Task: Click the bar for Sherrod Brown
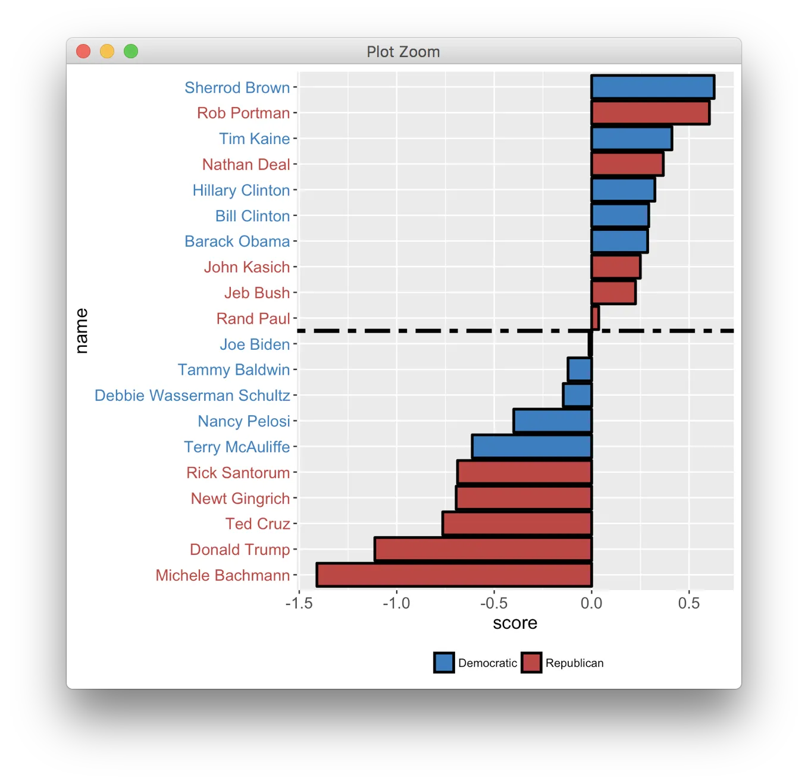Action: [x=653, y=87]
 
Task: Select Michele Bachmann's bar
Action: [x=454, y=575]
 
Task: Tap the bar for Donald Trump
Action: [x=483, y=549]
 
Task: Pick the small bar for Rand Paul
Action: [x=595, y=318]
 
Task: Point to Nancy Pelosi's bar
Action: [x=553, y=421]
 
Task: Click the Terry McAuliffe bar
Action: [x=532, y=447]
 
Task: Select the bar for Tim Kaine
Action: [x=631, y=139]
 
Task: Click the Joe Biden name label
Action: [x=255, y=344]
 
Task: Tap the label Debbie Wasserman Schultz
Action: [x=192, y=396]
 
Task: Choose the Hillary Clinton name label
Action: [x=241, y=190]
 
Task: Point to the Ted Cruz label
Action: [x=257, y=524]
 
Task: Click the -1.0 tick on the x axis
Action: [x=396, y=603]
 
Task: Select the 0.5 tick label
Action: [x=689, y=603]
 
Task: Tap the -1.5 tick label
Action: [x=299, y=603]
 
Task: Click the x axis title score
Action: [x=515, y=623]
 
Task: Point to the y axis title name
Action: [x=82, y=331]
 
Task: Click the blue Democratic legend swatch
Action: [x=444, y=663]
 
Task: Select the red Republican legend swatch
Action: [x=531, y=663]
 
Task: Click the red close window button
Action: [x=83, y=52]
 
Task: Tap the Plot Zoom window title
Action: [x=403, y=52]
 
